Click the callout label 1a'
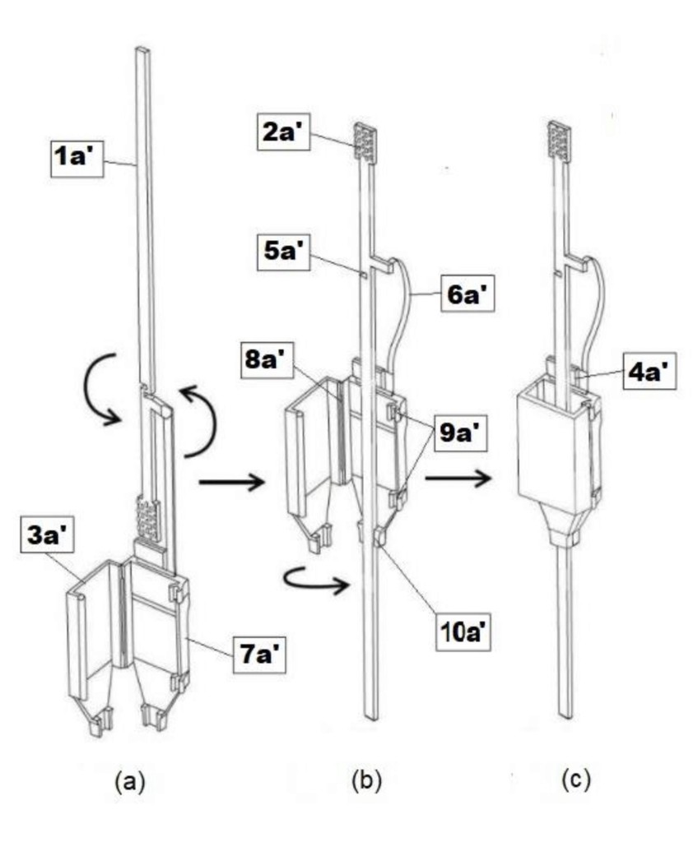click(x=76, y=157)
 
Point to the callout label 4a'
click(x=650, y=371)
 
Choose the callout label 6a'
click(x=468, y=294)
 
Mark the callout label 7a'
click(x=260, y=654)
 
